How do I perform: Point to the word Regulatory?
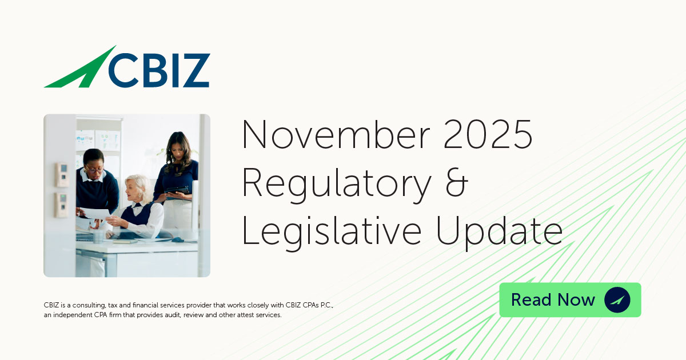tap(337, 185)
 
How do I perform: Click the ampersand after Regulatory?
tap(455, 182)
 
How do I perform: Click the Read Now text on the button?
tap(553, 299)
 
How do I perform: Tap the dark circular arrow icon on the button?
tap(617, 299)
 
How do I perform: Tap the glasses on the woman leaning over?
tap(94, 170)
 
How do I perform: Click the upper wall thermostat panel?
tap(61, 175)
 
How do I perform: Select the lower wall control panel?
tap(61, 205)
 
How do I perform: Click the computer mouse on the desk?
tap(177, 239)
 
